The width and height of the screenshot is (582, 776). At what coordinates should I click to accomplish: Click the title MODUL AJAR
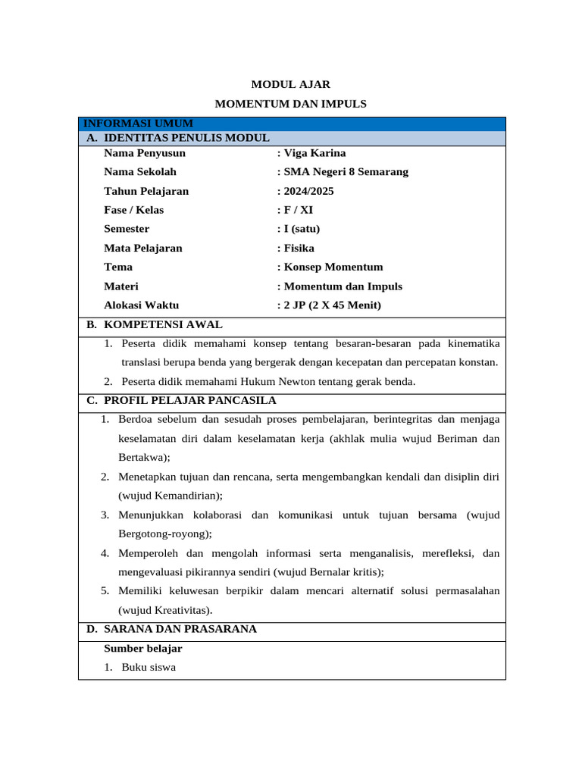coord(290,85)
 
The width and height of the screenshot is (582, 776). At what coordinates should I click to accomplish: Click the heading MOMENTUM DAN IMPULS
coord(290,105)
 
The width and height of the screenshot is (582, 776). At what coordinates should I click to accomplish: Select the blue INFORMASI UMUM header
coord(138,124)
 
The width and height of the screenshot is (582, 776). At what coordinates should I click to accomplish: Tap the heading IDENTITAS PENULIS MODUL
coord(186,138)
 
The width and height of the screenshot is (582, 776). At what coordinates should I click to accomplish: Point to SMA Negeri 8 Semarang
coord(346,172)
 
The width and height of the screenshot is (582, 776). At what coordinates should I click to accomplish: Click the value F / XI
coord(298,210)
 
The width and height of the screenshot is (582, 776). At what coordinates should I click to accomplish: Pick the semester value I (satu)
coord(302,229)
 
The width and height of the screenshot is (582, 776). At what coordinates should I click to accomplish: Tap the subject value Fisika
coord(299,248)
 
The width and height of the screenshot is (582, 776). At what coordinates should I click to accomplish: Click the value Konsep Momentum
coord(333,267)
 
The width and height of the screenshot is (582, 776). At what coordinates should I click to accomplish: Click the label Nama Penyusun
coord(145,153)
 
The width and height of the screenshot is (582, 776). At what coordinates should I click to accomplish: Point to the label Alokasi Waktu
coord(142,305)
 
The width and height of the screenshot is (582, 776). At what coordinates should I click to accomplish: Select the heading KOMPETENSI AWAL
coord(163,325)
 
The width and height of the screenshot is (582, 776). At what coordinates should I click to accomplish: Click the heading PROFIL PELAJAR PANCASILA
coord(189,401)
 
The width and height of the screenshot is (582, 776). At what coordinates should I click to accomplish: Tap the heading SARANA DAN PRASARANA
coord(180,629)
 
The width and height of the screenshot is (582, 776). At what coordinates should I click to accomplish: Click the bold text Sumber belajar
coord(143,649)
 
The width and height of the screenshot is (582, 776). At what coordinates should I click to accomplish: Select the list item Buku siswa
coord(149,668)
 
